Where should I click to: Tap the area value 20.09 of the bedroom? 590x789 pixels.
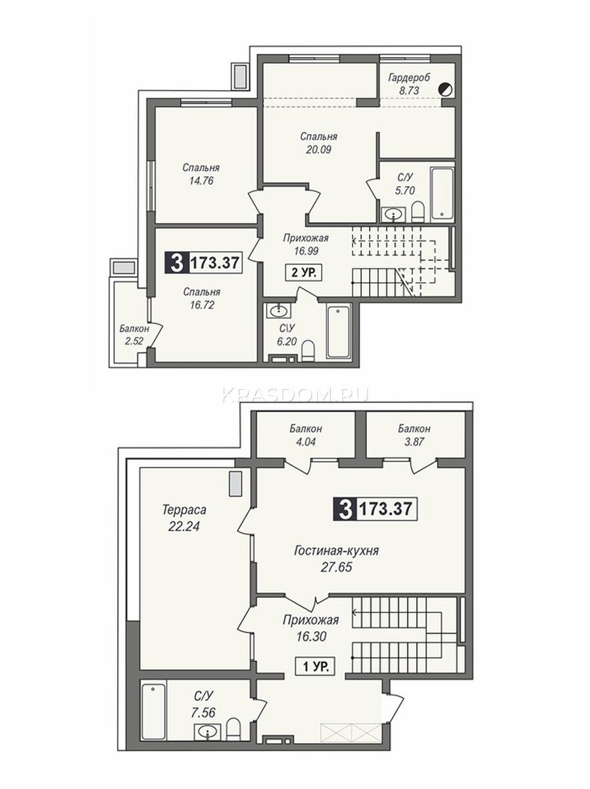318,149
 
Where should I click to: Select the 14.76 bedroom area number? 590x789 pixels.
201,180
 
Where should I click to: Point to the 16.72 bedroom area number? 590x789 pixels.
202,305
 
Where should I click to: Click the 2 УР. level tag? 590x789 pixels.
303,273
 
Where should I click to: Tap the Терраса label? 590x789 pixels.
184,510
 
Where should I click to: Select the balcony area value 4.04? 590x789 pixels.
305,441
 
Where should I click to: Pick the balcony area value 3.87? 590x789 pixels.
414,441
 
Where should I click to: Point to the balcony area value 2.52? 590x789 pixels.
134,341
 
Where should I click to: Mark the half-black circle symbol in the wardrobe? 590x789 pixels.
446,89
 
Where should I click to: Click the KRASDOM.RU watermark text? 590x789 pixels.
295,394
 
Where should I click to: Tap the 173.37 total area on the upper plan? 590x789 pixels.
214,263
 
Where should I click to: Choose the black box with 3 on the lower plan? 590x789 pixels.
345,509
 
